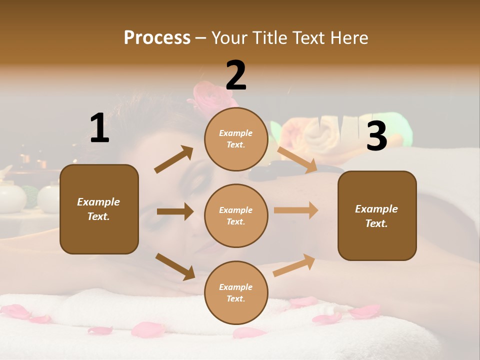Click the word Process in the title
pyautogui.click(x=157, y=38)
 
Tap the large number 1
pyautogui.click(x=99, y=128)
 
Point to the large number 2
pyautogui.click(x=236, y=76)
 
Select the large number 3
pyautogui.click(x=376, y=136)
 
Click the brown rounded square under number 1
pyautogui.click(x=99, y=209)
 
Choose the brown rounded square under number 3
pyautogui.click(x=377, y=215)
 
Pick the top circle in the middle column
pyautogui.click(x=236, y=139)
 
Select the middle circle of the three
pyautogui.click(x=236, y=215)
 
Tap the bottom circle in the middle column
pyautogui.click(x=236, y=292)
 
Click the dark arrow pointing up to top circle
pyautogui.click(x=174, y=159)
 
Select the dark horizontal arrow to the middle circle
pyautogui.click(x=175, y=211)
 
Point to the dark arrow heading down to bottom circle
pyautogui.click(x=175, y=266)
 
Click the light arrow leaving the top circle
pyautogui.click(x=297, y=160)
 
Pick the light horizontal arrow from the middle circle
pyautogui.click(x=296, y=210)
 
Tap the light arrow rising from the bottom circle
pyautogui.click(x=294, y=265)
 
